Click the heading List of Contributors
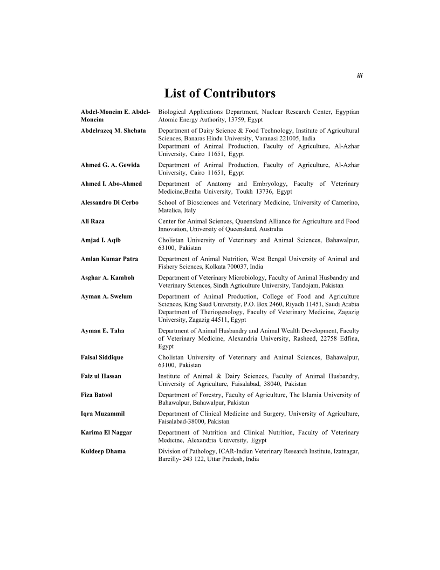[x=220, y=93]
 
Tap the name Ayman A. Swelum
[x=106, y=297]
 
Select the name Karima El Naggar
[x=106, y=433]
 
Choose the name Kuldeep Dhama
[x=103, y=452]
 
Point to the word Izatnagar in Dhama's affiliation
[x=342, y=452]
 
